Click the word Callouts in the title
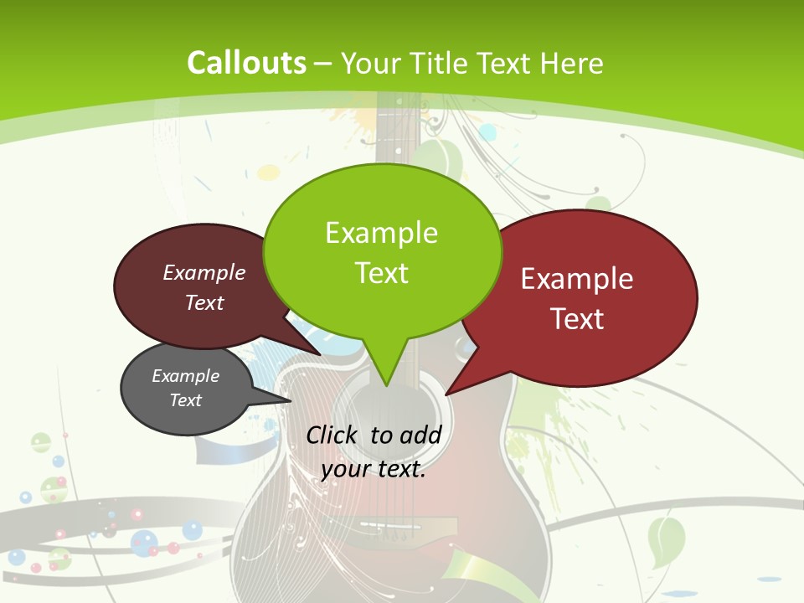click(x=246, y=63)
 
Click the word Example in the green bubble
click(x=381, y=233)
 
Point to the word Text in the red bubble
click(x=577, y=319)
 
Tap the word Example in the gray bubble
click(x=185, y=376)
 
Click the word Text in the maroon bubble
click(x=204, y=302)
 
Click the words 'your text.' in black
click(x=374, y=469)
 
